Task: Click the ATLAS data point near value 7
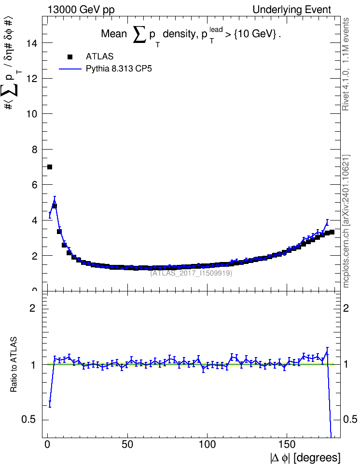pyautogui.click(x=50, y=167)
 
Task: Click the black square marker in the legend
pyautogui.click(x=70, y=57)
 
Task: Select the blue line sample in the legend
pyautogui.click(x=70, y=69)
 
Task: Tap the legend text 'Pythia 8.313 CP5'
pyautogui.click(x=119, y=69)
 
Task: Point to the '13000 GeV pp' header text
pyautogui.click(x=81, y=10)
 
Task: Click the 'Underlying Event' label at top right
pyautogui.click(x=292, y=10)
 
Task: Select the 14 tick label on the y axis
pyautogui.click(x=32, y=43)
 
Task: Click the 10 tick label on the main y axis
pyautogui.click(x=32, y=114)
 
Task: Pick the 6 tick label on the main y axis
pyautogui.click(x=34, y=185)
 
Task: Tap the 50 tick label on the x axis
pyautogui.click(x=127, y=444)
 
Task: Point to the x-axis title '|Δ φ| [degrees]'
pyautogui.click(x=305, y=457)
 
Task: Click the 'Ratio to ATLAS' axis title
pyautogui.click(x=14, y=365)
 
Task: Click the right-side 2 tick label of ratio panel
pyautogui.click(x=346, y=308)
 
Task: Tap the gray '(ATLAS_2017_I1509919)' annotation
pyautogui.click(x=191, y=273)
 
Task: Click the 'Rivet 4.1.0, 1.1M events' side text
pyautogui.click(x=346, y=64)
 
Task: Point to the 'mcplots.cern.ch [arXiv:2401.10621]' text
pyautogui.click(x=346, y=221)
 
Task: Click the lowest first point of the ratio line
pyautogui.click(x=50, y=401)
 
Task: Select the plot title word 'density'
pyautogui.click(x=179, y=34)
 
